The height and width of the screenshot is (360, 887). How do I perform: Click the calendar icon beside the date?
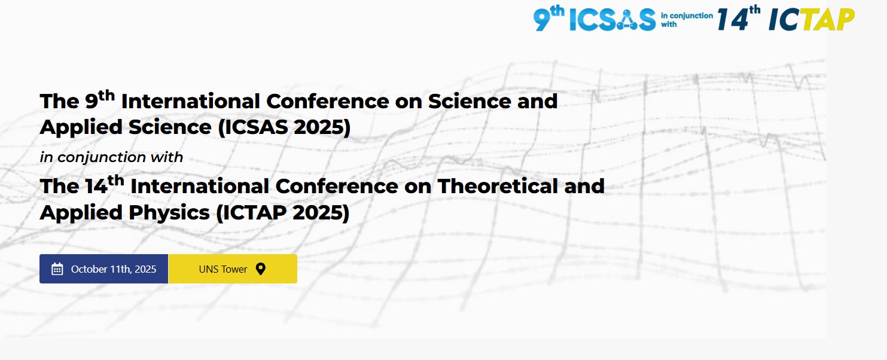point(57,269)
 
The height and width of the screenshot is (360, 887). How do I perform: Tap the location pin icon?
point(261,269)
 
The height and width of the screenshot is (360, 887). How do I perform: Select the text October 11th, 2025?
point(114,269)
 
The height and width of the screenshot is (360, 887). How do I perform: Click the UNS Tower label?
point(223,269)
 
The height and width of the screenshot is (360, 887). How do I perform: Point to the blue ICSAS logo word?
point(612,20)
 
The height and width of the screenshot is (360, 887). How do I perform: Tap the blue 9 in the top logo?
point(542,20)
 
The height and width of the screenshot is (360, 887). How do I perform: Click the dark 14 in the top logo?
point(733,20)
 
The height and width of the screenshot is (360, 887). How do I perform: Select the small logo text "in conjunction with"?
point(687,20)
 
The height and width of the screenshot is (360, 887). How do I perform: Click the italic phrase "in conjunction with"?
point(111,157)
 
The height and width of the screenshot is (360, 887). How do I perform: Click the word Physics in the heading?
point(169,213)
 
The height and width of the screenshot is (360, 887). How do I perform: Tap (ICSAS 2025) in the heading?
point(284,127)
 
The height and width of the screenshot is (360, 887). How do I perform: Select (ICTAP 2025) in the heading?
point(283,213)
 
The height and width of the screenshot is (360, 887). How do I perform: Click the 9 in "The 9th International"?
point(92,102)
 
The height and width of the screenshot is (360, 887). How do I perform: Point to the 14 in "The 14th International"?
point(96,187)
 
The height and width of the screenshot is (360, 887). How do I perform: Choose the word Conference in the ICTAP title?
point(337,186)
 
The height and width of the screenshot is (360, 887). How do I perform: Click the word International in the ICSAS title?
point(190,102)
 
